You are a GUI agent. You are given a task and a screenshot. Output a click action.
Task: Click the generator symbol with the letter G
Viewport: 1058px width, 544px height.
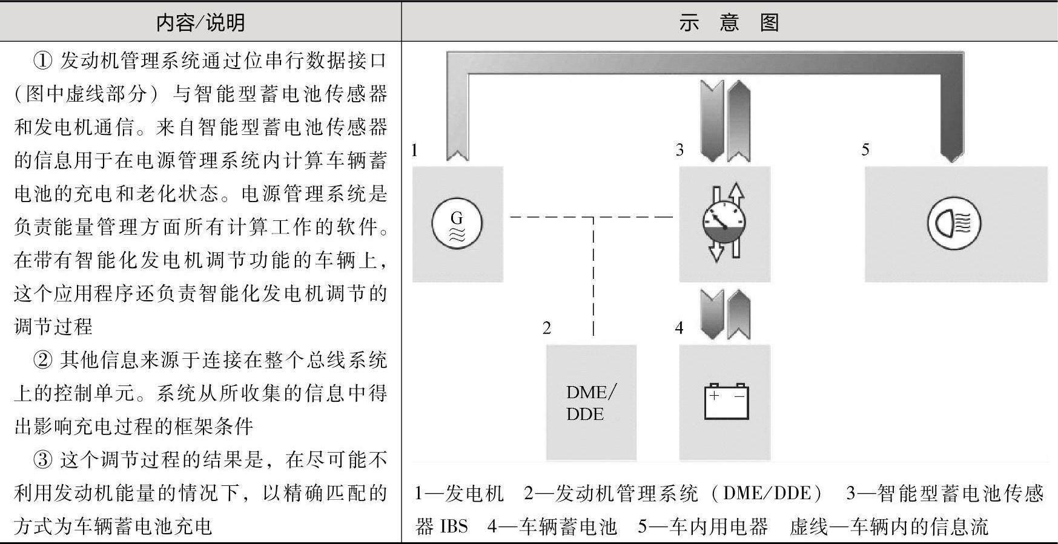(457, 223)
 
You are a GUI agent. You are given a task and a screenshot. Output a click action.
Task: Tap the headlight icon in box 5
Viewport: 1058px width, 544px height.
(954, 223)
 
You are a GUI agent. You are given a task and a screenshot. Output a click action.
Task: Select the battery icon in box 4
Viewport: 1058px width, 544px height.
(726, 402)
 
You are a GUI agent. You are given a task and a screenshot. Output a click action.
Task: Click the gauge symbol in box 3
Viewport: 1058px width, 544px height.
(724, 223)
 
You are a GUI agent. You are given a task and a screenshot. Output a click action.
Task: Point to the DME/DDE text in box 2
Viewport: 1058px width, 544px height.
(590, 403)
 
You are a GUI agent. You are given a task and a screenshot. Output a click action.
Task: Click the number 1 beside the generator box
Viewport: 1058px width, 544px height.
(414, 150)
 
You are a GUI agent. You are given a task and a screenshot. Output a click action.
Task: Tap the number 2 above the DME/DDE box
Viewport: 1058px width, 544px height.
(547, 328)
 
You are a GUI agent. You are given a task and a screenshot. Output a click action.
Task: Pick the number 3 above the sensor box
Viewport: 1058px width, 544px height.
(679, 150)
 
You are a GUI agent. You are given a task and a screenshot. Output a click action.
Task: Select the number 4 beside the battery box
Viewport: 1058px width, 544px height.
(679, 328)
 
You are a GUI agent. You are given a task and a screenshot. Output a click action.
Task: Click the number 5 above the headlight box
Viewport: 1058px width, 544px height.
(865, 150)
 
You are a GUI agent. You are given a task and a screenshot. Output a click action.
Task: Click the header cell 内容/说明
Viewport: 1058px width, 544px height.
(200, 23)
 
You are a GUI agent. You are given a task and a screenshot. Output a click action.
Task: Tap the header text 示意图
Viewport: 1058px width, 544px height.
(729, 23)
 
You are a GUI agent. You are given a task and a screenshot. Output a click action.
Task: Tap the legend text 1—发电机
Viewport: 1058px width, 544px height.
(459, 494)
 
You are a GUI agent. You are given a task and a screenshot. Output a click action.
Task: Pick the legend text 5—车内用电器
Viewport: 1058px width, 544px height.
(703, 526)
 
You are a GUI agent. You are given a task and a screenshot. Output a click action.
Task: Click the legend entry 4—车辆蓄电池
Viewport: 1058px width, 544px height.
(552, 526)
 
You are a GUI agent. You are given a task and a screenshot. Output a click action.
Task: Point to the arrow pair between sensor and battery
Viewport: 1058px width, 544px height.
(725, 313)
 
